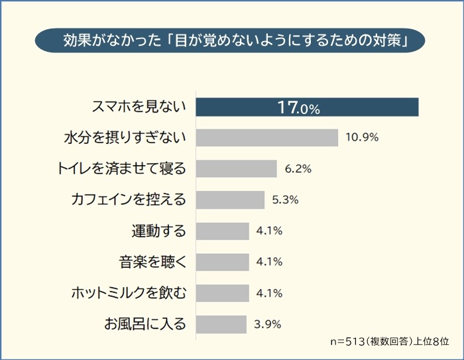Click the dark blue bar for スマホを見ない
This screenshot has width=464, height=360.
point(308,107)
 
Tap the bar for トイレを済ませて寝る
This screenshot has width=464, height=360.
point(237,168)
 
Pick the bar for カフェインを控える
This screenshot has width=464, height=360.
point(231,200)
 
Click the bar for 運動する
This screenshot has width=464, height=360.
point(223,231)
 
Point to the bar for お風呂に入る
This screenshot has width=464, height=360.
point(221,324)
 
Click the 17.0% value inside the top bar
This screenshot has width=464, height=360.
point(298,107)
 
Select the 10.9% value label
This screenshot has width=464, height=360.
point(362,137)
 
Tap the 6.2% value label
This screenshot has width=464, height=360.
point(298,168)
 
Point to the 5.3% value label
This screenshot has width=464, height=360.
point(286,200)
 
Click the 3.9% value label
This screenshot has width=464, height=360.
point(268,324)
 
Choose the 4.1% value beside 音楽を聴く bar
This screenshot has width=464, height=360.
point(270,262)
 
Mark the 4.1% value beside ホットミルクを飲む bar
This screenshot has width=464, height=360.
point(270,293)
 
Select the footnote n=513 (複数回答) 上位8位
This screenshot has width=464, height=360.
point(389,341)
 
